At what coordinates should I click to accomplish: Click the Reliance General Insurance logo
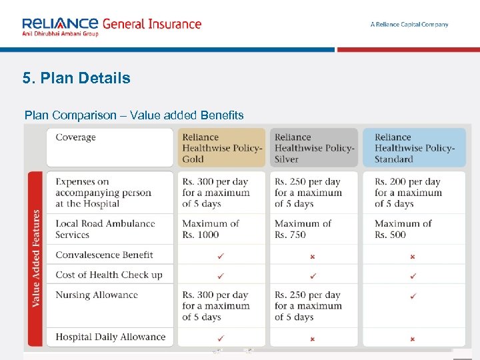pos(111,26)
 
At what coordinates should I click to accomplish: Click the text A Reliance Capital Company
pos(409,25)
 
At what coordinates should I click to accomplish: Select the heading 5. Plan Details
pos(76,78)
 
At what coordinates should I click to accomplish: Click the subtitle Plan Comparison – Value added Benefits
pos(134,115)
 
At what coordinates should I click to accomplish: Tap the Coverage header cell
pos(76,138)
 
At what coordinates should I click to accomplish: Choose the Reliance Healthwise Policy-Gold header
pos(223,148)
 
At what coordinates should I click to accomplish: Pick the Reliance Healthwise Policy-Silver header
pos(315,148)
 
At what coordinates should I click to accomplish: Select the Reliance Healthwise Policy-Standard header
pos(415,148)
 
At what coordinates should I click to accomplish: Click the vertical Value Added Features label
pos(35,258)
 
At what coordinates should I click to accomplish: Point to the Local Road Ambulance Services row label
pos(105,229)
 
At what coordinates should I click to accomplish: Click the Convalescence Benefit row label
pos(104,255)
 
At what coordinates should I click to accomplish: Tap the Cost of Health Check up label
pos(109,275)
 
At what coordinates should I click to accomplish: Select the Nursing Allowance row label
pos(97,295)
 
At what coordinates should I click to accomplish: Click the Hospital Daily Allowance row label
pos(110,337)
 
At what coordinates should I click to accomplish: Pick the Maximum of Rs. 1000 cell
pos(211,229)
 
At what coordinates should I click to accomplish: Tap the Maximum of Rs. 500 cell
pos(403,229)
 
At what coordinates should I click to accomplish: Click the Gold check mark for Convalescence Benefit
pos(221,255)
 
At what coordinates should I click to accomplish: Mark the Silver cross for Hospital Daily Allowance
pos(313,339)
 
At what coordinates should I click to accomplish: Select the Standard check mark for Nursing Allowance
pos(413,295)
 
